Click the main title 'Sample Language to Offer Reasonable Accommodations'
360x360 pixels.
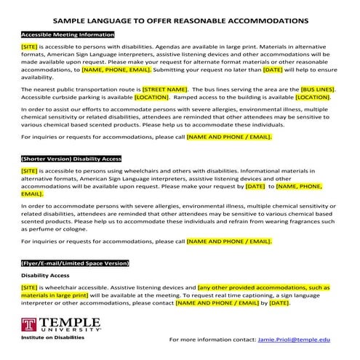(x=180, y=21)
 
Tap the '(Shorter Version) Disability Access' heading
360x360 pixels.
(x=71, y=157)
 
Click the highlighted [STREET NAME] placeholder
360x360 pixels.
(x=164, y=89)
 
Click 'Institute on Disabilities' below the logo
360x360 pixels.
(x=52, y=338)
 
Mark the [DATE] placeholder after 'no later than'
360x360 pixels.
(x=273, y=70)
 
